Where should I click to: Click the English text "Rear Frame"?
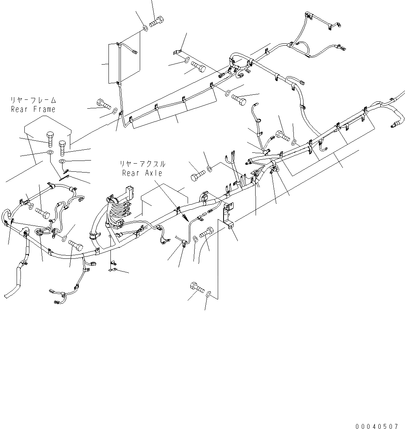(x=33, y=109)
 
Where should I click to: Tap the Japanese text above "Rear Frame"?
(x=33, y=101)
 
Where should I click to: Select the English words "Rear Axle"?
(x=142, y=173)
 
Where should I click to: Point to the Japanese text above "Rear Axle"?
(x=142, y=164)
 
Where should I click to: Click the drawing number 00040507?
(x=376, y=423)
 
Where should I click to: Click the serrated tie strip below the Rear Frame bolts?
(x=67, y=176)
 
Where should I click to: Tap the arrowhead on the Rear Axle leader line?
(x=187, y=218)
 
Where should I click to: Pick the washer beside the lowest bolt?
(x=209, y=295)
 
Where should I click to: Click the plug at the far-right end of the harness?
(x=395, y=125)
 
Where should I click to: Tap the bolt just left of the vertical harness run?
(x=103, y=104)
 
